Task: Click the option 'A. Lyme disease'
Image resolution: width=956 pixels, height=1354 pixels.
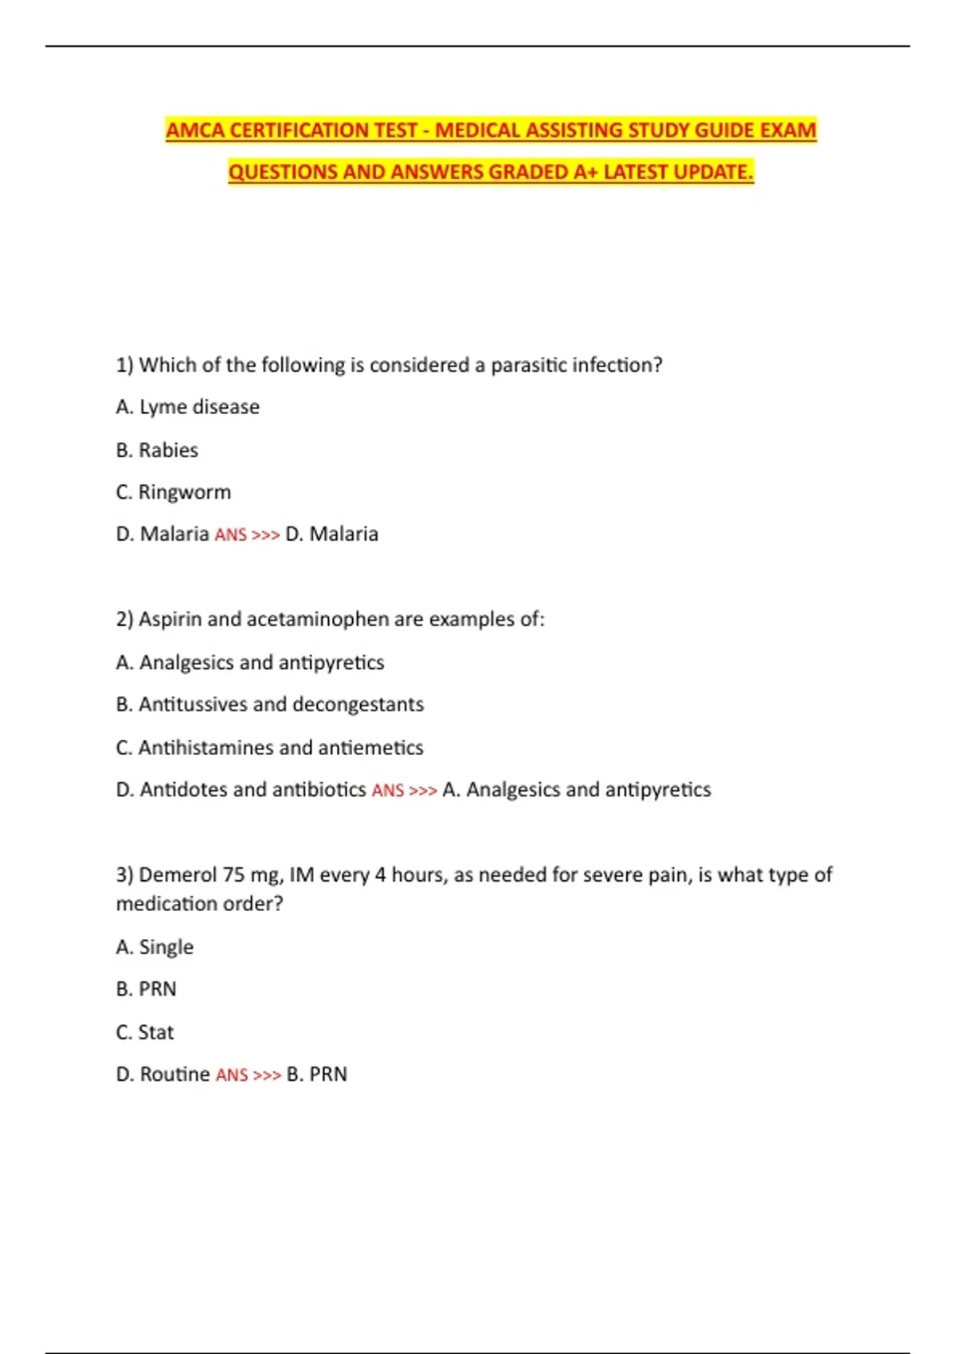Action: click(187, 407)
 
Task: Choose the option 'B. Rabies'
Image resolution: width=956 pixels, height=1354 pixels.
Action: click(157, 450)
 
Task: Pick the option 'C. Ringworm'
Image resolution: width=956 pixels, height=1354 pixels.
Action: click(173, 492)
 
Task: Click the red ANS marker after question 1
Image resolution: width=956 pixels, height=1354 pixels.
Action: click(231, 534)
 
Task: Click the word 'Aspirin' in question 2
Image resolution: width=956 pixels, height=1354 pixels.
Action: click(170, 619)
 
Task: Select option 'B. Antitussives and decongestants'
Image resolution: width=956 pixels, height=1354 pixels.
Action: click(269, 704)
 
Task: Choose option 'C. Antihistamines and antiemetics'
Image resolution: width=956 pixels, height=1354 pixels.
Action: click(269, 747)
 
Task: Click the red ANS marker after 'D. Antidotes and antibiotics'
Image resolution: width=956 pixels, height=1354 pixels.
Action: click(388, 790)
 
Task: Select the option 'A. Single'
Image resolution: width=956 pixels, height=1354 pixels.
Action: click(155, 947)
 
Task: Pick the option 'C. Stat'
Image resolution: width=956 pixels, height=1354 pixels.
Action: click(144, 1032)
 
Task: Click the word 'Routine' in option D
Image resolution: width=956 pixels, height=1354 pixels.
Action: click(174, 1074)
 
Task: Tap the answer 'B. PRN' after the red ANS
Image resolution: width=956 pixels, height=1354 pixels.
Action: click(316, 1074)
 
